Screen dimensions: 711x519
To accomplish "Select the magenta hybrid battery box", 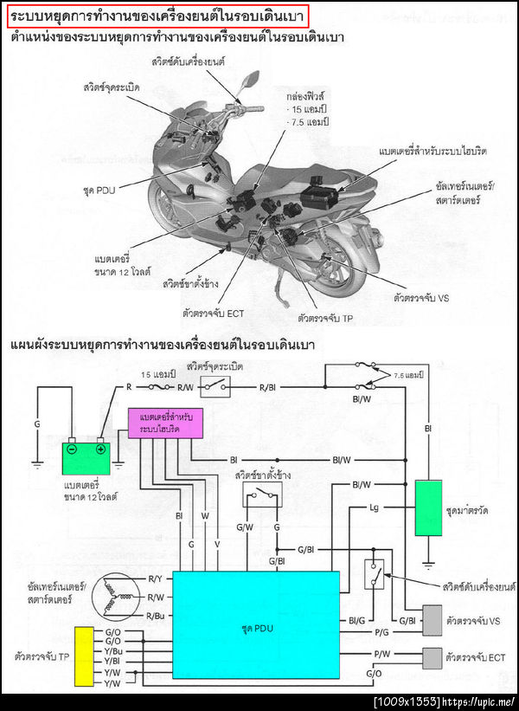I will [161, 423].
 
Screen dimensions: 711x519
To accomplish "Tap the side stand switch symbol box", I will [262, 494].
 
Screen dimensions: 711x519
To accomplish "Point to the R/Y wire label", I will [156, 578].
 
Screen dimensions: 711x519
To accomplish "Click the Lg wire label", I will [375, 507].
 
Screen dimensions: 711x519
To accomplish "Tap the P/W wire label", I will [381, 652].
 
